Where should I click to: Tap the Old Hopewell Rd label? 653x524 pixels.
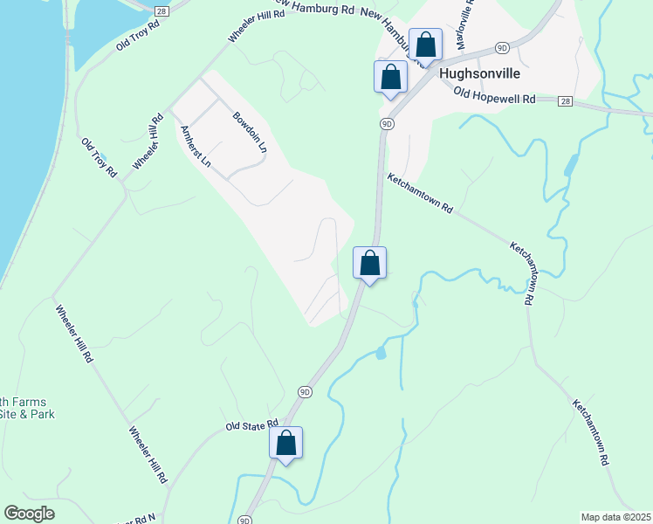(493, 97)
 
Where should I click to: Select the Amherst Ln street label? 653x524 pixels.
(195, 146)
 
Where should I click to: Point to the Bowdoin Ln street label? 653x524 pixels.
(249, 132)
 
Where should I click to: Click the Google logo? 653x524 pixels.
(29, 514)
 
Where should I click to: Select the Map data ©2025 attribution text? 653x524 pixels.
(615, 517)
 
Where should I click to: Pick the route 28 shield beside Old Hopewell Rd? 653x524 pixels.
(566, 101)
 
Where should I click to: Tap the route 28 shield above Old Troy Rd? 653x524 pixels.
(162, 10)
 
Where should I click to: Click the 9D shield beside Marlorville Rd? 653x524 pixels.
(501, 46)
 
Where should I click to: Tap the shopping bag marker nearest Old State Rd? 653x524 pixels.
(286, 443)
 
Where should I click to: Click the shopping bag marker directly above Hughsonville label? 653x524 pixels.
(425, 44)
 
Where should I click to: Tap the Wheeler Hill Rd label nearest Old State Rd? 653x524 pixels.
(147, 455)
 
